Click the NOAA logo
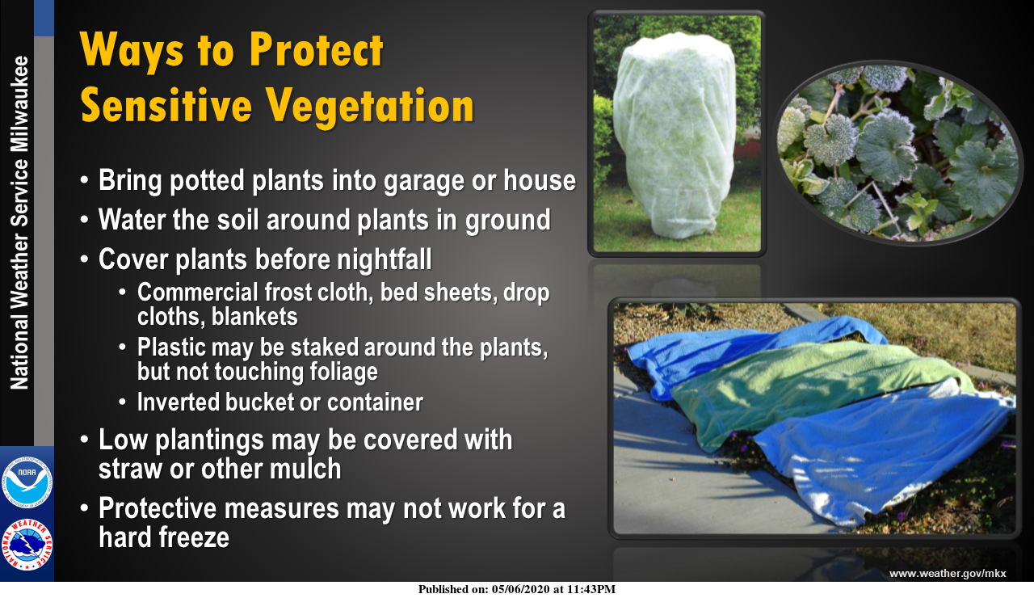click(27, 482)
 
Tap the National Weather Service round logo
click(27, 545)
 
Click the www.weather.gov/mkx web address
click(948, 573)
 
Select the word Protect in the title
click(316, 50)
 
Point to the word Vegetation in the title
click(369, 106)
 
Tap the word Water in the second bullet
click(132, 219)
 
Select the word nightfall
click(384, 259)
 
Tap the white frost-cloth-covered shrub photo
click(677, 133)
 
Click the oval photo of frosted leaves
click(897, 153)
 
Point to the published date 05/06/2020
click(521, 589)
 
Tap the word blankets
click(254, 317)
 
